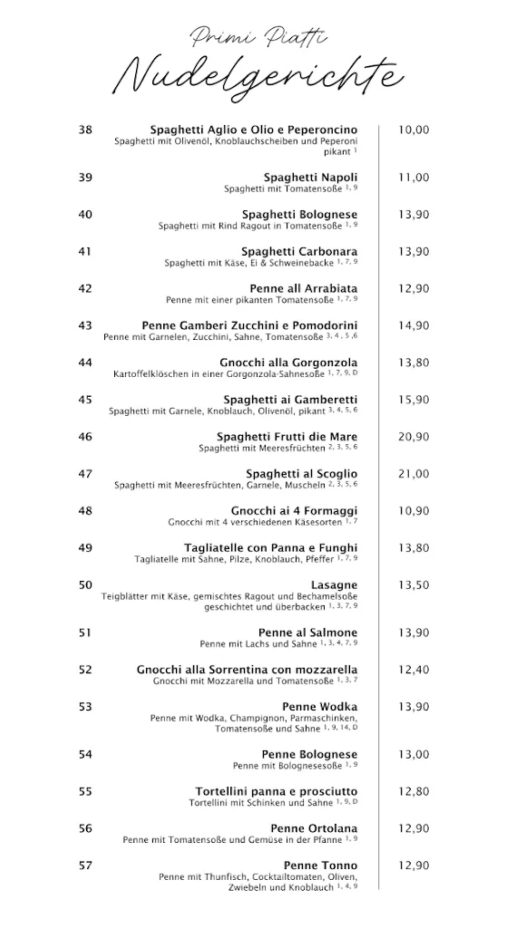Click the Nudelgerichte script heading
258,74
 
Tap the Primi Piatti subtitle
258,36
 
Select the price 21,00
414,474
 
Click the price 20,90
414,437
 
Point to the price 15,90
414,400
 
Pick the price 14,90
414,325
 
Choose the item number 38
85,130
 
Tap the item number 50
85,585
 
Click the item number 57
85,865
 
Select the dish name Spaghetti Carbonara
299,251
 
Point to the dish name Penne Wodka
320,706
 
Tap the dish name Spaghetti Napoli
310,177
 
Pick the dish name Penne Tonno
320,865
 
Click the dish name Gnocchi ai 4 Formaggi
294,510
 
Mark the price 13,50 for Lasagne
414,585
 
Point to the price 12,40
414,669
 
